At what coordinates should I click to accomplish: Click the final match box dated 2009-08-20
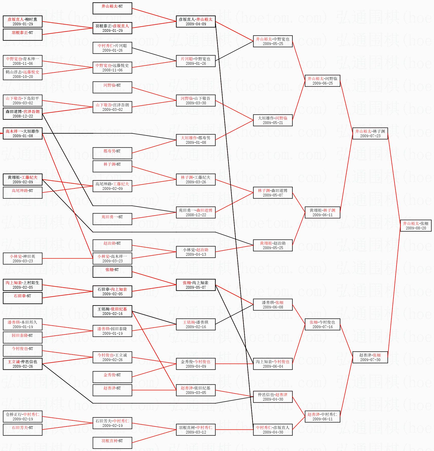click(415, 226)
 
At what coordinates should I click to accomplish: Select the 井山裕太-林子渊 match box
click(370, 133)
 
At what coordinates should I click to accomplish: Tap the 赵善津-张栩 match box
click(370, 357)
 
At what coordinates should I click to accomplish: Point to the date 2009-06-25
click(322, 83)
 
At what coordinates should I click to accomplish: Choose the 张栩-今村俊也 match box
click(322, 324)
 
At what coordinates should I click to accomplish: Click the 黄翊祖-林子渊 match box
click(322, 212)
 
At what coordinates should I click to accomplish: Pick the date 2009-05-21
click(273, 123)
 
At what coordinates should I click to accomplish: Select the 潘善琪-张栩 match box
click(273, 305)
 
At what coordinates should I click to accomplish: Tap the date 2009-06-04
click(273, 366)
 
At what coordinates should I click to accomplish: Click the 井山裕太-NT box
click(112, 8)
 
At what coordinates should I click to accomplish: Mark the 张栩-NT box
click(112, 272)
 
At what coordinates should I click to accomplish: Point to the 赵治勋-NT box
click(112, 245)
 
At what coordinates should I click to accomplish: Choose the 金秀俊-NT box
click(112, 377)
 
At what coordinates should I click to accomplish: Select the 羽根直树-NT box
click(112, 443)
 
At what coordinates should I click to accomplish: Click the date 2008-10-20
click(23, 77)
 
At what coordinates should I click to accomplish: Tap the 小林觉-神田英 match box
click(23, 259)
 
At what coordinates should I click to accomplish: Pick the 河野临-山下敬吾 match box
click(196, 101)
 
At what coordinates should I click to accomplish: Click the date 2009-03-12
click(196, 432)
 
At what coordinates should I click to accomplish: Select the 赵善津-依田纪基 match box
click(196, 390)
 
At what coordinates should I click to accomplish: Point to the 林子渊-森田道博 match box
click(273, 193)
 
